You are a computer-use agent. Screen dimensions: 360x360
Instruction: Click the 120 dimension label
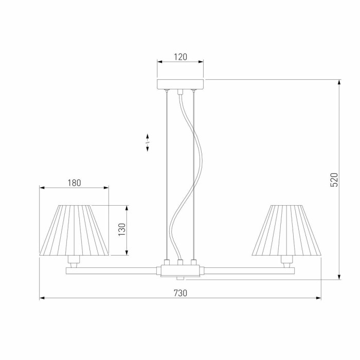click(180, 57)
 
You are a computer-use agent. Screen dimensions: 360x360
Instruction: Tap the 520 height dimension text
click(334, 179)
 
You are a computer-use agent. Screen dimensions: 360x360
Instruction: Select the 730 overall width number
click(180, 293)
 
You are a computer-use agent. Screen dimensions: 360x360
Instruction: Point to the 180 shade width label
click(75, 183)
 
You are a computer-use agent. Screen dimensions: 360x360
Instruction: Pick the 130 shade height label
click(122, 230)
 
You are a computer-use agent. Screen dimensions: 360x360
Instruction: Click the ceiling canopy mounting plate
click(180, 84)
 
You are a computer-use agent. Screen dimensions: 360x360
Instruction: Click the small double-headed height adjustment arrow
click(148, 142)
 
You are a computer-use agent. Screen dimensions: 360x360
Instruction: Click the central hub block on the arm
click(180, 270)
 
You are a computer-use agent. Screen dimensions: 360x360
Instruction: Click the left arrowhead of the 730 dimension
click(42, 298)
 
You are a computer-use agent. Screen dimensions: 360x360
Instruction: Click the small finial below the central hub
click(180, 279)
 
